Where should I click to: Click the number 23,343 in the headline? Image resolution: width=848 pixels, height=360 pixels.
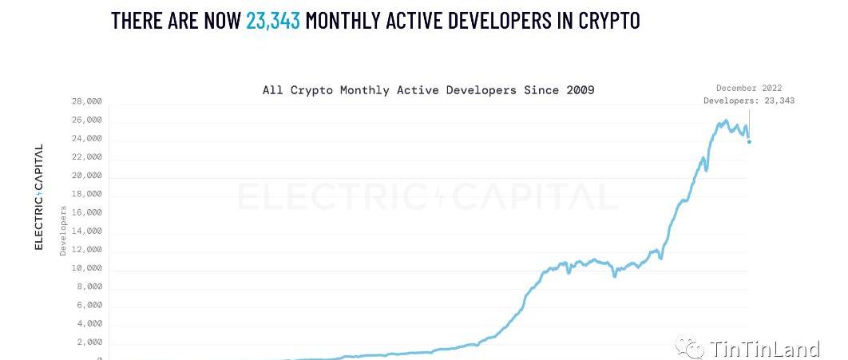[273, 21]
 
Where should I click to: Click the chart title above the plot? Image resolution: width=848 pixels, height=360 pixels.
[428, 90]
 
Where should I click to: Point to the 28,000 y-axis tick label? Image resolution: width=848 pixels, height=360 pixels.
[86, 101]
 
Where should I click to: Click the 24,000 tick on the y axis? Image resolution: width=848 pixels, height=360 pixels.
[86, 138]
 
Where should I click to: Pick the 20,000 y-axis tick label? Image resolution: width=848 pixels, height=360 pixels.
[86, 175]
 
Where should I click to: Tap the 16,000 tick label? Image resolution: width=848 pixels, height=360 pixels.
[86, 212]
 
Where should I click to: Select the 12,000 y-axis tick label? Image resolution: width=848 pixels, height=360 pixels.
[86, 249]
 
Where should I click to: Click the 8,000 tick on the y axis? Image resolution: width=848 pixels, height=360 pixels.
[89, 287]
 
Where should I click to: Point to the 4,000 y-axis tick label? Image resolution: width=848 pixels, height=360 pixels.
[89, 323]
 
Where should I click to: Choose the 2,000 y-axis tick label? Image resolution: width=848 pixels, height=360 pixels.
[89, 342]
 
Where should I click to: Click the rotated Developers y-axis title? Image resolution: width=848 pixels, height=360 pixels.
[63, 230]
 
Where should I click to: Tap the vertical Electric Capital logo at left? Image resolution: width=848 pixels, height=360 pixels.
[38, 197]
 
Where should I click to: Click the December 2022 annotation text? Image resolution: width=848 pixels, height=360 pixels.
[749, 88]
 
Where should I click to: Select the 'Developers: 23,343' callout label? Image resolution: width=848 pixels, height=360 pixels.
[749, 101]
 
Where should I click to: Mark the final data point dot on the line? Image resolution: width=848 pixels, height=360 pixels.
[749, 142]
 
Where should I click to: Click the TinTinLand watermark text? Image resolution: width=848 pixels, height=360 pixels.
[765, 349]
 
